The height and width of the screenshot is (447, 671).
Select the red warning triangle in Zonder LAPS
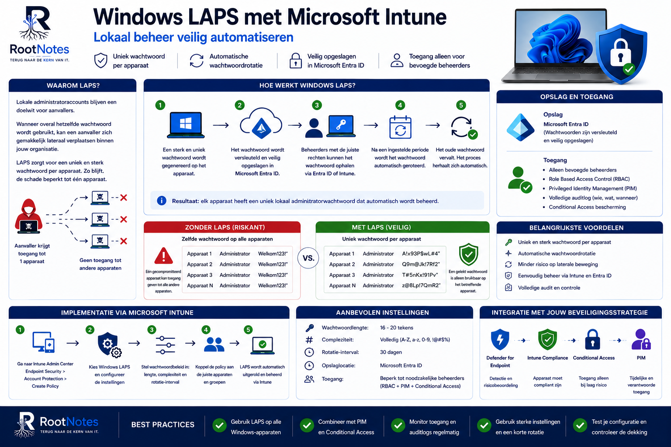pos(163,256)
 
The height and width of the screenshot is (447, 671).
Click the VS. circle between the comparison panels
pos(308,258)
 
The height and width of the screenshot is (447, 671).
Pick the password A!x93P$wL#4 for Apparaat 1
pos(421,254)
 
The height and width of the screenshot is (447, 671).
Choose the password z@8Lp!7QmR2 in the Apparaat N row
pos(421,285)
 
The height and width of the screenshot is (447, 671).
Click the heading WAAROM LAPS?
pos(73,86)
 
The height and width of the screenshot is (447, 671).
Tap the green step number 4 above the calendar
pos(400,105)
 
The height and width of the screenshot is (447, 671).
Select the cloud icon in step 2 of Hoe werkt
pos(261,124)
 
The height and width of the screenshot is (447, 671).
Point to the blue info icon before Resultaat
pos(162,201)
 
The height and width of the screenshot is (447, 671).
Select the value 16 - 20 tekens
pos(396,327)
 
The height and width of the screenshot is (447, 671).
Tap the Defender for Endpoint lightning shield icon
pos(500,340)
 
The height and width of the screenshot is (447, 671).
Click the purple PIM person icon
pos(641,339)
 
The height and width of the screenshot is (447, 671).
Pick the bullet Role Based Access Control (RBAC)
pos(589,179)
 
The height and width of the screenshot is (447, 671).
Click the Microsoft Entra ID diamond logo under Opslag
pos(520,127)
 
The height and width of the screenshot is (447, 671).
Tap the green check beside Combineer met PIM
pos(307,426)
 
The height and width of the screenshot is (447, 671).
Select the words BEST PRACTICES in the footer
pos(163,425)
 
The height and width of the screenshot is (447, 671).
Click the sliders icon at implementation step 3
pos(165,345)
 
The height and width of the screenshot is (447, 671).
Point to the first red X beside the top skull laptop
pos(124,198)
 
